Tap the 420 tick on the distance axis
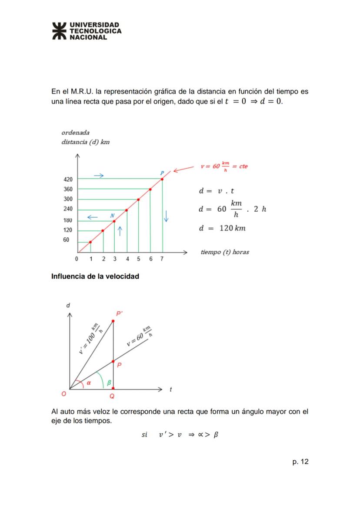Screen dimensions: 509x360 (x=69, y=179)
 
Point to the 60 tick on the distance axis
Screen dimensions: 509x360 (x=67, y=240)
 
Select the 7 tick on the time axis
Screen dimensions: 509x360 (x=162, y=259)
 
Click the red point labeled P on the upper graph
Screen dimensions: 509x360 (x=162, y=179)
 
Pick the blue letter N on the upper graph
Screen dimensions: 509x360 (x=112, y=216)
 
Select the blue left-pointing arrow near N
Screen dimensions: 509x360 (x=92, y=216)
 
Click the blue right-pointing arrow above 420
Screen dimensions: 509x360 (x=99, y=176)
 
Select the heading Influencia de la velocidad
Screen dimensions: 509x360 (x=95, y=276)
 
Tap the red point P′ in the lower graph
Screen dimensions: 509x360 (x=113, y=321)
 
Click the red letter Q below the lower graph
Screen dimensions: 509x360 (x=112, y=396)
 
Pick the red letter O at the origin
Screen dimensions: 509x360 (x=64, y=394)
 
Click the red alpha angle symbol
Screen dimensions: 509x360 (x=89, y=383)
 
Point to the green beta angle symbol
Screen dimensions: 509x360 (x=109, y=383)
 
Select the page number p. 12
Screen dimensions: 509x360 (x=300, y=462)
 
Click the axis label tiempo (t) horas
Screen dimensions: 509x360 (x=225, y=252)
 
